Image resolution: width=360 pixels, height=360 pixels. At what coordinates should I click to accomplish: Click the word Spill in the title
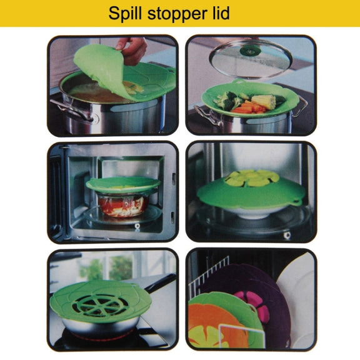pyautogui.click(x=125, y=14)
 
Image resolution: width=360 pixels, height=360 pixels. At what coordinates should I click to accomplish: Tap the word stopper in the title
pyautogui.click(x=178, y=14)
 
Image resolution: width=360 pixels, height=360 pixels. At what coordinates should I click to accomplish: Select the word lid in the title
pyautogui.click(x=221, y=13)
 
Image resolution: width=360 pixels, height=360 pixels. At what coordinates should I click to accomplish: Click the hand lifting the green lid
pyautogui.click(x=132, y=49)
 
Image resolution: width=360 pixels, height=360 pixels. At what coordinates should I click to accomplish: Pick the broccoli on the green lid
pyautogui.click(x=227, y=100)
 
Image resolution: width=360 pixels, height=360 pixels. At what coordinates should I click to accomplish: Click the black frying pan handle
pyautogui.click(x=161, y=283)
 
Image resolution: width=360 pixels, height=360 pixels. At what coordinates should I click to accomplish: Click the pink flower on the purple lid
pyautogui.click(x=252, y=304)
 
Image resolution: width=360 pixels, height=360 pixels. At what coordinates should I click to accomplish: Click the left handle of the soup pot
pyautogui.click(x=71, y=109)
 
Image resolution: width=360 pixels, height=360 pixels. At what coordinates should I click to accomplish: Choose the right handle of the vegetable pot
pyautogui.click(x=299, y=106)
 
